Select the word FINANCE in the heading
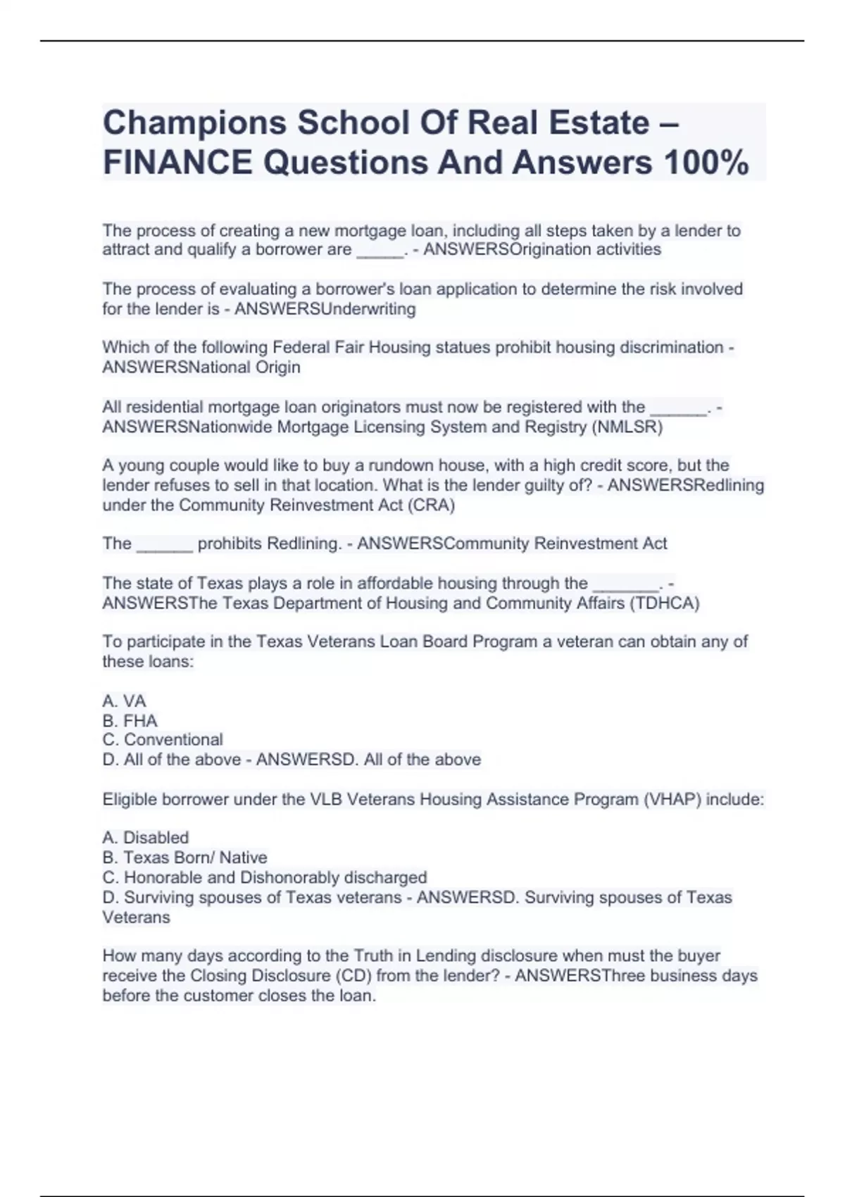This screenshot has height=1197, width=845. (177, 163)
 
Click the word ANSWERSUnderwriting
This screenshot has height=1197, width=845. (325, 309)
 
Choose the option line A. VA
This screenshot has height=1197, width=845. (125, 701)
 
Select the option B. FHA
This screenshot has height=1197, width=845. (130, 721)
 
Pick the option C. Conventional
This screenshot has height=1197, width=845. (163, 740)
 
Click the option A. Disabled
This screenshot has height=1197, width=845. (146, 838)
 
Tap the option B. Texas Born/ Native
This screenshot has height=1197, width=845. (184, 858)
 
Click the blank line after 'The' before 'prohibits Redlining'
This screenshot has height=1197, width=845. (164, 544)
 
